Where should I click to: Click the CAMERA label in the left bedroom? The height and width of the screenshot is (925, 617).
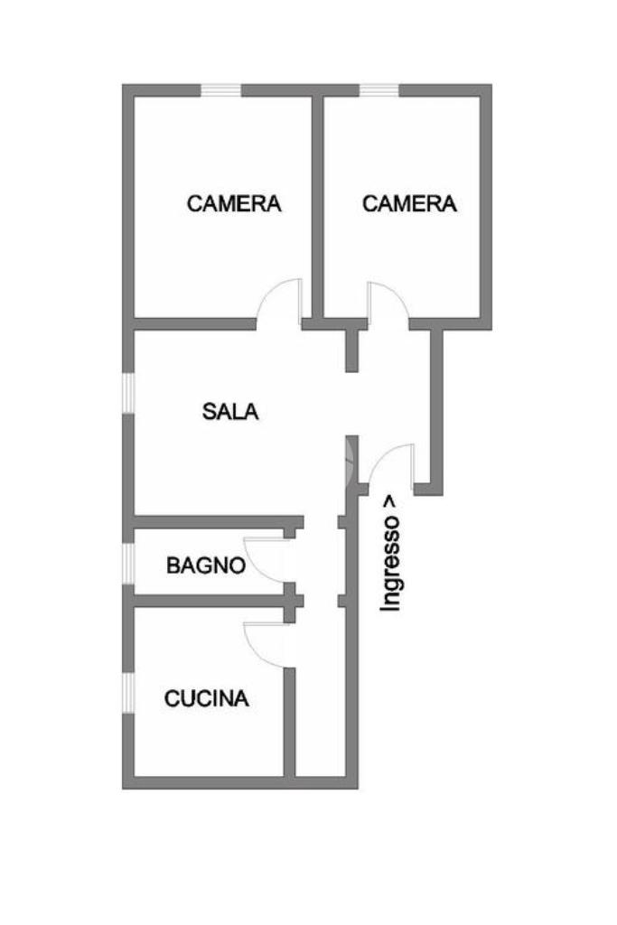pos(234,203)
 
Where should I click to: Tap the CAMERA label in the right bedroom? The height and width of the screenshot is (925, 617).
pos(409,203)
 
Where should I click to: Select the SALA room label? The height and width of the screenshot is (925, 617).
pos(230,412)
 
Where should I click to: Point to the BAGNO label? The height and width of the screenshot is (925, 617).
pos(206,566)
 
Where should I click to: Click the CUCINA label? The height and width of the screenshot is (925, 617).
pos(207,698)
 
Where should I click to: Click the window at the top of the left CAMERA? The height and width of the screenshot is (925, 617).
pos(220,89)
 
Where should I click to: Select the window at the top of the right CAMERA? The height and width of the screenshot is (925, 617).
pos(379,89)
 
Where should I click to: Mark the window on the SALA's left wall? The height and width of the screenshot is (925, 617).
pos(128,393)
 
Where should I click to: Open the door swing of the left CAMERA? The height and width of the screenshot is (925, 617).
pos(281,301)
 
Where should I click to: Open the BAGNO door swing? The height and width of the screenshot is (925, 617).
pos(267,557)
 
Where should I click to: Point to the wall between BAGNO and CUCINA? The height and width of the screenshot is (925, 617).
pos(208,600)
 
